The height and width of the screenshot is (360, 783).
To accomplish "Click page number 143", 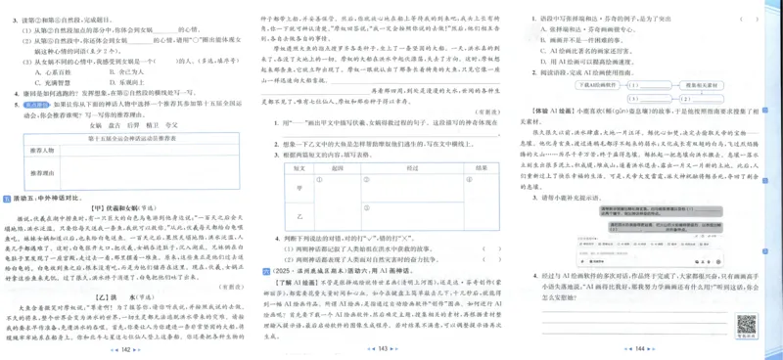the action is [x=391, y=349].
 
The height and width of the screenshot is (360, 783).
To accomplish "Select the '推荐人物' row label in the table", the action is [x=44, y=150].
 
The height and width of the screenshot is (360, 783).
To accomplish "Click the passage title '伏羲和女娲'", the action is [x=132, y=208].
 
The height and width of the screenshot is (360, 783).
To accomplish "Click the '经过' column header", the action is [x=406, y=168].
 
